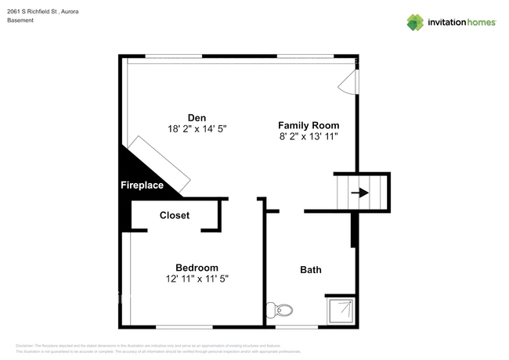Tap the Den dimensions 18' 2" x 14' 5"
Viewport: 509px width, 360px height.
click(x=197, y=128)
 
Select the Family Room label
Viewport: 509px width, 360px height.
click(x=309, y=125)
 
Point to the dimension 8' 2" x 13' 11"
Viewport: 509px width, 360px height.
click(x=309, y=136)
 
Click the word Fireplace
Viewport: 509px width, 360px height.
click(x=142, y=185)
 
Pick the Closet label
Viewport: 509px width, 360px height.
click(x=174, y=215)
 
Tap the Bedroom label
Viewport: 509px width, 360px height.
click(x=197, y=268)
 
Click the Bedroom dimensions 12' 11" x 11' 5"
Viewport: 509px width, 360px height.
click(x=197, y=279)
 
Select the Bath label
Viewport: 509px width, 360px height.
click(x=311, y=270)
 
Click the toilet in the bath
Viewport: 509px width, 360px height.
click(x=280, y=311)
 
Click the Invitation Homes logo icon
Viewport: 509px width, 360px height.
click(x=414, y=22)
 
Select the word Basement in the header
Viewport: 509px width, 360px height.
click(x=21, y=21)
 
